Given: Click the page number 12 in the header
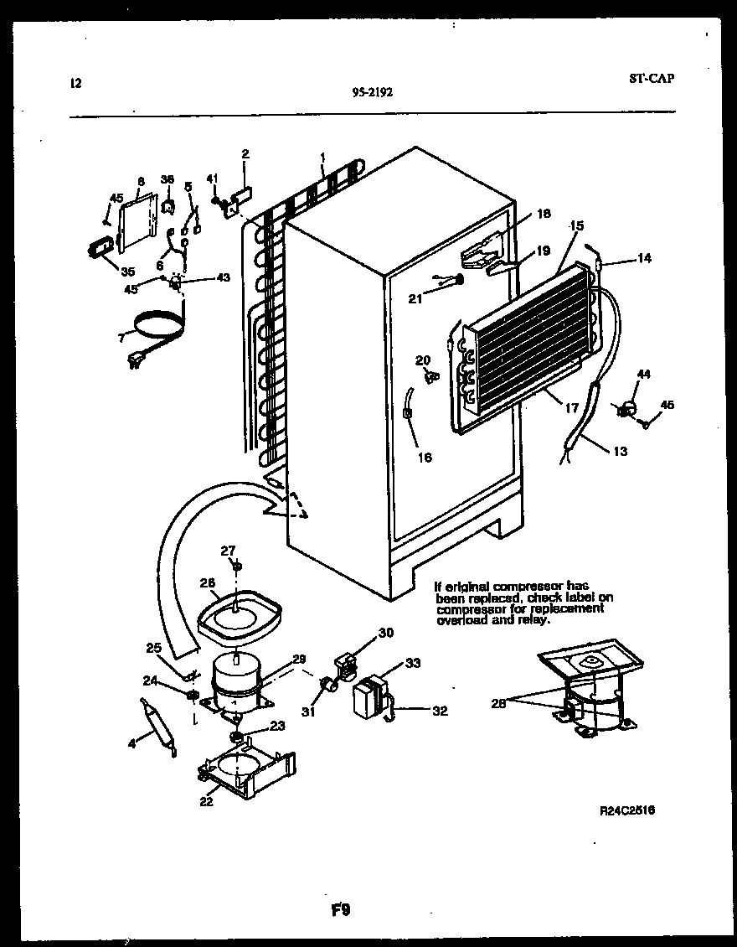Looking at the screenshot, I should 75,83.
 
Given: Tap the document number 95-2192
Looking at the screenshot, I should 373,93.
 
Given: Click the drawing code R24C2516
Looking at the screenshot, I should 627,810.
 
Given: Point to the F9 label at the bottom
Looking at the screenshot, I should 339,910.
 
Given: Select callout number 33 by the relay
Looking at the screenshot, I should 411,663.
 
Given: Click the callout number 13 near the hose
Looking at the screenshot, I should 620,452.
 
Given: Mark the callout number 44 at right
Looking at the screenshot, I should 643,374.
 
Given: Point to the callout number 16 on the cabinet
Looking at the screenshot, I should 425,458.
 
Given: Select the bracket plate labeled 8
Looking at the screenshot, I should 136,223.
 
